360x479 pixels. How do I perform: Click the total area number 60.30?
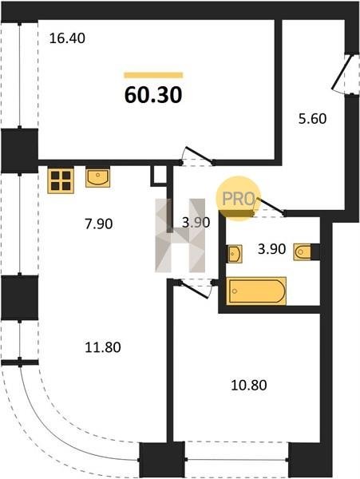coord(153,95)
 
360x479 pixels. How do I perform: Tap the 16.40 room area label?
coord(67,38)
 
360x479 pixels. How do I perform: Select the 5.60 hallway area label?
coord(312,118)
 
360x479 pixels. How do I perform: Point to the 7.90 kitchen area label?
coord(99,224)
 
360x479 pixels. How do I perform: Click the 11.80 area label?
coord(103,347)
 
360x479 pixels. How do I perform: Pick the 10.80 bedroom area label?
coord(249,385)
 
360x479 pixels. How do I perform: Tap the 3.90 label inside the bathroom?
coord(271,249)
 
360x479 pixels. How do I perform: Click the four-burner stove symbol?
coord(61,181)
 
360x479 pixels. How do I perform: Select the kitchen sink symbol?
coord(97,178)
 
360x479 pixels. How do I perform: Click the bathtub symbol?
coord(256,291)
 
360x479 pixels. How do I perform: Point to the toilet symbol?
coord(303,251)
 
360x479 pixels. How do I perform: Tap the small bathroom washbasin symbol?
coord(235,254)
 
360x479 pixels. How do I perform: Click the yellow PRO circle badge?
coord(238,198)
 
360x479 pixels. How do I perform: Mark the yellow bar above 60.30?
coord(153,75)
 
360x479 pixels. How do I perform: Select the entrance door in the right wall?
coord(345,74)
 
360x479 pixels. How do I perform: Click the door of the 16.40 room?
coord(197,156)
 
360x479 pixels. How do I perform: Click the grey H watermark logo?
coord(180,236)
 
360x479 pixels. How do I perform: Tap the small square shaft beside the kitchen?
coord(159,176)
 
